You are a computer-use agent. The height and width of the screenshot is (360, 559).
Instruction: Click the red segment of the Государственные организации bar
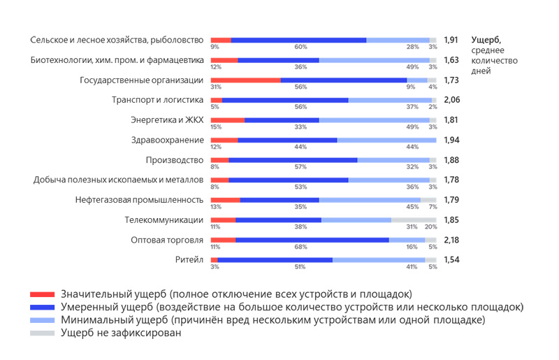(245, 80)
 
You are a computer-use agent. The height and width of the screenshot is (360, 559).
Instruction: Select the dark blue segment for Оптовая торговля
(312, 240)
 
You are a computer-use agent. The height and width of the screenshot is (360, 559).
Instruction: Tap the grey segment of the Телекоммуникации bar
(414, 220)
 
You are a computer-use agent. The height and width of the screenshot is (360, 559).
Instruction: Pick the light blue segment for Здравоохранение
(386, 140)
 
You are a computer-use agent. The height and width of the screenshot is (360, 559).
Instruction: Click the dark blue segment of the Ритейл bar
(275, 260)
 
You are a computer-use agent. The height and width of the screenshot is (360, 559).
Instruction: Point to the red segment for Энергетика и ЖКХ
(227, 120)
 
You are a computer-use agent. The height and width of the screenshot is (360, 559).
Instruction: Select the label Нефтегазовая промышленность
(139, 200)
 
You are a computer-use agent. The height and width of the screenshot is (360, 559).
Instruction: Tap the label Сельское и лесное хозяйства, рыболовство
(117, 40)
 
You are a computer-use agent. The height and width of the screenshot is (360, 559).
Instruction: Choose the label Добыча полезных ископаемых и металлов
(118, 180)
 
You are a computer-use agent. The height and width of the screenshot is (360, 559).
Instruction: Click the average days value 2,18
(451, 240)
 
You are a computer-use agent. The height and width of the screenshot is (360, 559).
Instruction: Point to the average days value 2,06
(451, 100)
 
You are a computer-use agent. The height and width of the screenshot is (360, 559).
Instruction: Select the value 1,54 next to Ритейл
(451, 260)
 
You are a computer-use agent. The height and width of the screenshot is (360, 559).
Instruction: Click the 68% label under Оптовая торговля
(301, 247)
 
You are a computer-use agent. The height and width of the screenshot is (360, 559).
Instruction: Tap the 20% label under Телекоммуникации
(430, 227)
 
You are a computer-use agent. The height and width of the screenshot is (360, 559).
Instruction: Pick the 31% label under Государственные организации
(216, 87)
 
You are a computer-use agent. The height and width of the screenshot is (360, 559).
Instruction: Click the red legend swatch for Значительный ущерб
(42, 294)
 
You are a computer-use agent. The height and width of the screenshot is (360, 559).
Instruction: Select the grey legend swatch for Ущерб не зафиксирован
(42, 333)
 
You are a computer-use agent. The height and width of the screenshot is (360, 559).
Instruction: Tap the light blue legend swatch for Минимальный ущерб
(42, 320)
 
